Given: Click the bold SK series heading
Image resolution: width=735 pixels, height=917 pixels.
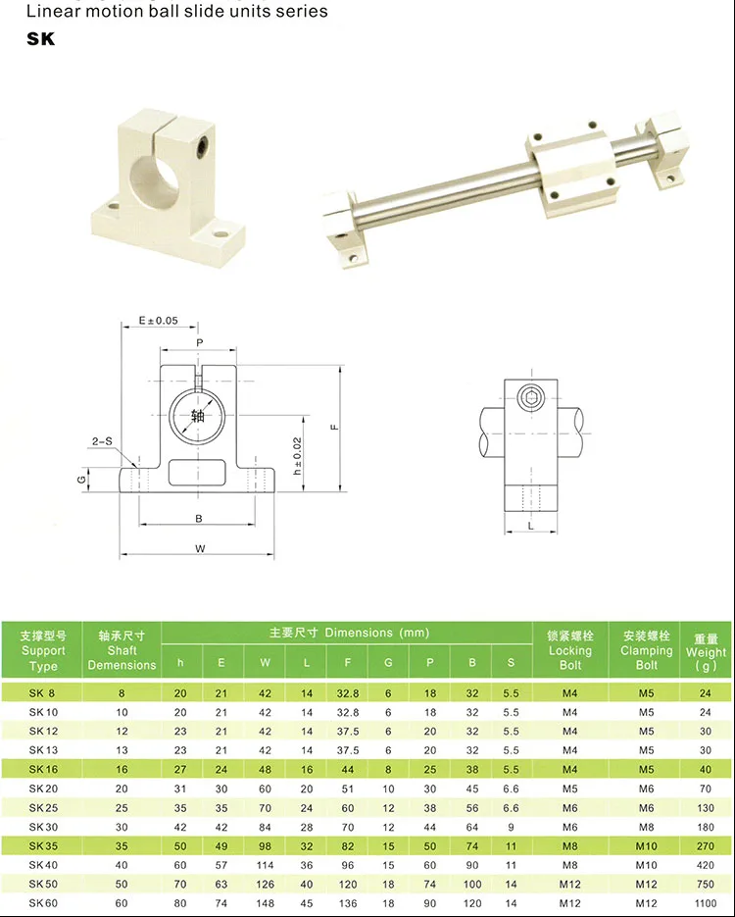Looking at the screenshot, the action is pos(41,38).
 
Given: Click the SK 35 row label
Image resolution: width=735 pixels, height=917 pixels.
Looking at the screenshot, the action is pos(43,845).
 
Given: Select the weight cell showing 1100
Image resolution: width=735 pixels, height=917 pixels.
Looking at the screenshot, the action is pos(706,903).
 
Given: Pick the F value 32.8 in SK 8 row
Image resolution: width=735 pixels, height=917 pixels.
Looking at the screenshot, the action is pos(348,693).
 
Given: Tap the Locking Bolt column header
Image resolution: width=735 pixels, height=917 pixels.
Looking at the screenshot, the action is pos(570,649).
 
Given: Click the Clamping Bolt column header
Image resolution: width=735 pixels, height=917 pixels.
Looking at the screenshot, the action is pos(646,649).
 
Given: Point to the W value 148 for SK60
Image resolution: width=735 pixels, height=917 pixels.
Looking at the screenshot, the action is pos(265,903).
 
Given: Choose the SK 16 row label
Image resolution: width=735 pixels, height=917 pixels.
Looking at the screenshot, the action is pos(43,769).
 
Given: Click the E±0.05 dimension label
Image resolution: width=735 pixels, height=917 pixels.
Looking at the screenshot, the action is pos(158,321).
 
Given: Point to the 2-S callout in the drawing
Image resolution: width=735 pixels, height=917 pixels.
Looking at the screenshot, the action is pos(102,441).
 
